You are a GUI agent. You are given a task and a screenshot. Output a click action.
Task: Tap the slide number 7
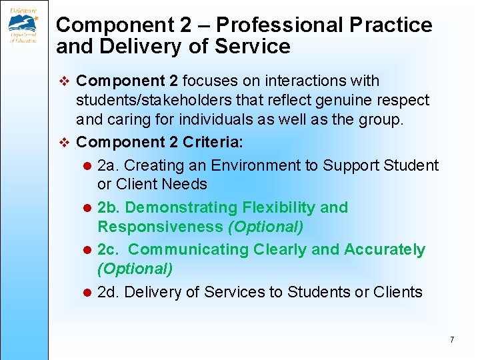click(452, 340)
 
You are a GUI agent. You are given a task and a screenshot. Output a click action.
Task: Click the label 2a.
click(109, 165)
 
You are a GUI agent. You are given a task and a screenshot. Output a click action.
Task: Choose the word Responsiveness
click(160, 227)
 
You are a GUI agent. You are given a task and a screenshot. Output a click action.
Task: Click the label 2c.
click(109, 249)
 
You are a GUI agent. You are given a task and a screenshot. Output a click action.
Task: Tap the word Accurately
click(384, 249)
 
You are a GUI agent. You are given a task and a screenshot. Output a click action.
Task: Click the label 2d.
click(109, 291)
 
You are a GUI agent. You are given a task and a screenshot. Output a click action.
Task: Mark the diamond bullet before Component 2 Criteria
click(65, 142)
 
